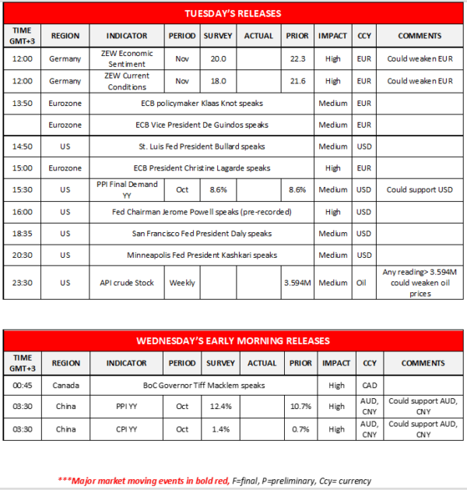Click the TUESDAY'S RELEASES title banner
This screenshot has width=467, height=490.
233,14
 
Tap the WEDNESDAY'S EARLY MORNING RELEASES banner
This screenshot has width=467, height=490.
233,341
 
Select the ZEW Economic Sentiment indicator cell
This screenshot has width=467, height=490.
126,59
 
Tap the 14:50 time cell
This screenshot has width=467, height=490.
22,146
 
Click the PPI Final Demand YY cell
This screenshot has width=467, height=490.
126,189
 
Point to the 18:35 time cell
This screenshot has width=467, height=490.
22,233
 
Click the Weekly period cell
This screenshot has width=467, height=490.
182,283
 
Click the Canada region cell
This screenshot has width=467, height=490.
65,385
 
